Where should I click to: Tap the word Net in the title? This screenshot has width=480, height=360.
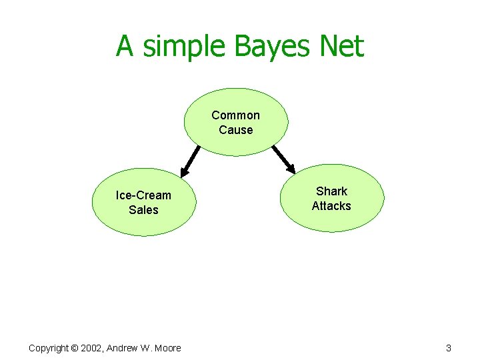pos(341,47)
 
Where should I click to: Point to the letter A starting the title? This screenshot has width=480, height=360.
pos(125,47)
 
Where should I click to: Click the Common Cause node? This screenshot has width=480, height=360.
pos(236,122)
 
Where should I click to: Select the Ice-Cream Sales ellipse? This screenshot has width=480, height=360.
pos(143,202)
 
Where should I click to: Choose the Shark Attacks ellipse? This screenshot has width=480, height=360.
pos(331,198)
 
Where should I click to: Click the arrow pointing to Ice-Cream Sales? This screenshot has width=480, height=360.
pos(191,161)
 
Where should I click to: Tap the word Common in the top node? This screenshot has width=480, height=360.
pos(236,115)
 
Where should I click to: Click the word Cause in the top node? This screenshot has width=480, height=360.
pos(236,130)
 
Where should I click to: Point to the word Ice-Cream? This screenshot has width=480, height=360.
pos(143,195)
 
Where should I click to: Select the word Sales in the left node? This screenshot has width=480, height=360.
pos(143,210)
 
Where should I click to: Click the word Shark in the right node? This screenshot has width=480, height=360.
pos(331,191)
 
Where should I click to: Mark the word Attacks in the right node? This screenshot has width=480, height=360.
pos(331,206)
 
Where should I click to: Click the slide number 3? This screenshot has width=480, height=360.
pos(449,348)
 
